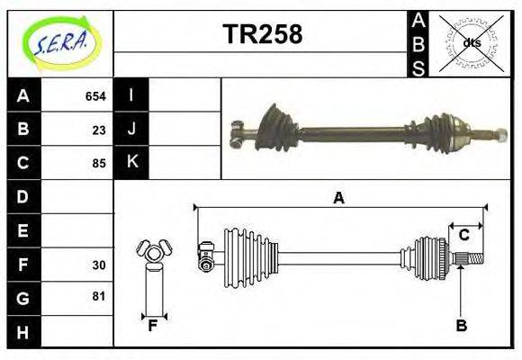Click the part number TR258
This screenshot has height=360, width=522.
pos(262,34)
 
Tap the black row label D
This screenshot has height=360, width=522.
pos(22,196)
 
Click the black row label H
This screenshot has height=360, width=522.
pos(22,332)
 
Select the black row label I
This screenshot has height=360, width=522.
pos(131,95)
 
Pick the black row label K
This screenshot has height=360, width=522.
pos(131,163)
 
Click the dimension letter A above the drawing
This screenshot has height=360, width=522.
pos(338,198)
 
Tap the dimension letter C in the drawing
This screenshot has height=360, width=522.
pos(463,236)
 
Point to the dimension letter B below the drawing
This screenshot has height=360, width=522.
pos(461,327)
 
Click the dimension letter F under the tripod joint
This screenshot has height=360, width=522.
pos(153,327)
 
